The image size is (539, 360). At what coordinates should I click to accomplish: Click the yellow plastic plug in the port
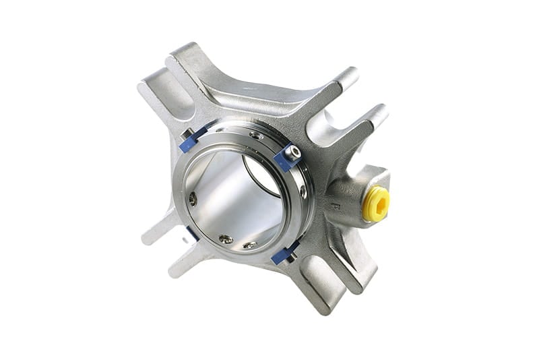pos(376,204)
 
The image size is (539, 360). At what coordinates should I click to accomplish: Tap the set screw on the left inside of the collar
pos(193,198)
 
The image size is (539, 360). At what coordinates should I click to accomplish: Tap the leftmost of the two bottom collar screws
pos(226,239)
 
